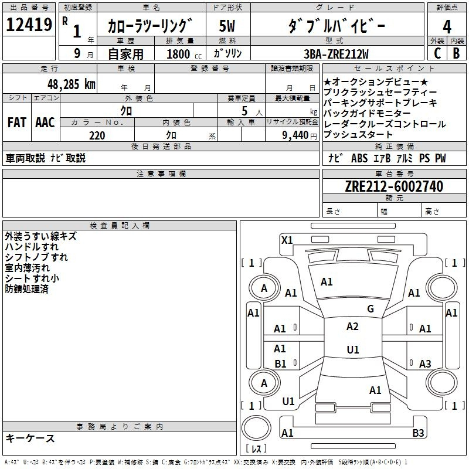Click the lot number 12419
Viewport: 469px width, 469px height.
tap(29, 25)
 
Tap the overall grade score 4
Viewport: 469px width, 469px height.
tap(447, 27)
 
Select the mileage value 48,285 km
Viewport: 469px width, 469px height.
tap(71, 84)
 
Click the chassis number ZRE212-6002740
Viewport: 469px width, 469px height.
tap(394, 186)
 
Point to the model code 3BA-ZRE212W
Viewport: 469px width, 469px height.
tap(336, 54)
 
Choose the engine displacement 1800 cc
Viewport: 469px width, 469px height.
tap(184, 54)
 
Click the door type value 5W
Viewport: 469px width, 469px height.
tap(227, 26)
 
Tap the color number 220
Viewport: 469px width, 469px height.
tap(97, 135)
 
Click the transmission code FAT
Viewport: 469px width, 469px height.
tap(17, 123)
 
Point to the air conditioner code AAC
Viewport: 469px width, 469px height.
tap(45, 123)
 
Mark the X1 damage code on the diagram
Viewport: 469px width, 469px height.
tap(287, 240)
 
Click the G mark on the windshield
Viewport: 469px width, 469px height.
tap(371, 308)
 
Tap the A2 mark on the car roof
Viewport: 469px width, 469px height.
tap(352, 327)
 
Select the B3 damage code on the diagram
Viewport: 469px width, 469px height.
tap(418, 433)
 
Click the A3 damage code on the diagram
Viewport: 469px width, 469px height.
tap(425, 363)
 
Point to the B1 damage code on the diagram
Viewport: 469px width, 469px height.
tap(280, 363)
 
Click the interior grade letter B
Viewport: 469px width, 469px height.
tap(456, 53)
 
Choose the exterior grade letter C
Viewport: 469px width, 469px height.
tap(437, 53)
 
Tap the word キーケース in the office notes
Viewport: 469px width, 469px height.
tap(30, 438)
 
